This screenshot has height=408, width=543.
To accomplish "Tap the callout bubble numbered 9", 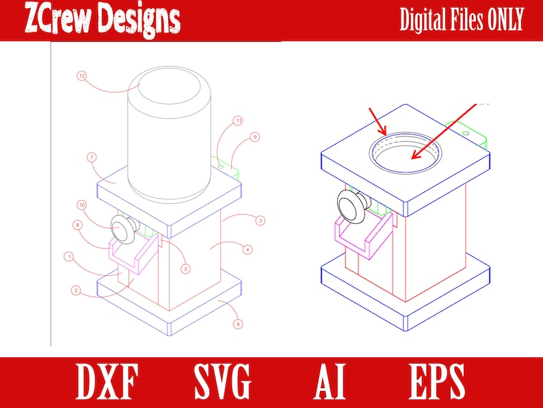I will click(254, 137).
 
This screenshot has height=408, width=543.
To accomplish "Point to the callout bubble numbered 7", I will click(92, 157).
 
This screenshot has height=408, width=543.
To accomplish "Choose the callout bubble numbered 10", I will click(81, 205).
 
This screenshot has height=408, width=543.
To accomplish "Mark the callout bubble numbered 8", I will click(77, 224).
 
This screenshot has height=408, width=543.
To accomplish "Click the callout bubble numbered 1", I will click(68, 257).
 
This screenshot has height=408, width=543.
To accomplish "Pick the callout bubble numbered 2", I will click(77, 290).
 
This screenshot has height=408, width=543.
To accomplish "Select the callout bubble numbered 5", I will click(185, 268).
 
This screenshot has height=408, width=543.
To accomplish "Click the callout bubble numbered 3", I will click(261, 220).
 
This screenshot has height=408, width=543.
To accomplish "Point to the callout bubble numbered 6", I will click(237, 324).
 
